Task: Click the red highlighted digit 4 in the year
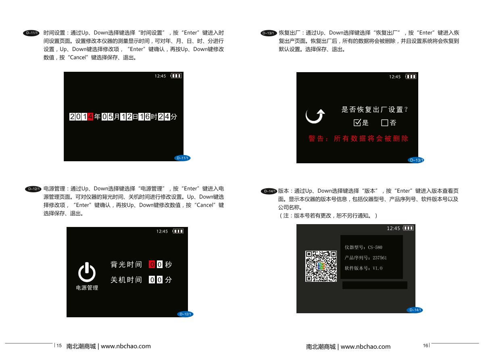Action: pyautogui.click(x=90, y=117)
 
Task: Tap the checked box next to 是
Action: pyautogui.click(x=357, y=123)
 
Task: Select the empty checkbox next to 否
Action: pyautogui.click(x=384, y=123)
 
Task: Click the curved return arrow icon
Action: pyautogui.click(x=315, y=116)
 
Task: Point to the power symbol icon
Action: pyautogui.click(x=87, y=272)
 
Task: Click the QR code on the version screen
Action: pyautogui.click(x=321, y=266)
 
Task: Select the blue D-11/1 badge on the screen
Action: pyautogui.click(x=182, y=158)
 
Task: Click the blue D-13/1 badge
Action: pyautogui.click(x=416, y=160)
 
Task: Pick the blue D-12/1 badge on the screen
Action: pyautogui.click(x=185, y=314)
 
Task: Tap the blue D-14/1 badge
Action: pyautogui.click(x=415, y=310)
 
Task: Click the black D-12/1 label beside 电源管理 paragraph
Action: pyautogui.click(x=33, y=189)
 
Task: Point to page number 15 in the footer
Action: pyautogui.click(x=59, y=345)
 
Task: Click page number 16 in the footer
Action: pyautogui.click(x=426, y=345)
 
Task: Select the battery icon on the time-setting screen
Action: pyautogui.click(x=176, y=76)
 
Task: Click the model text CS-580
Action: pyautogui.click(x=375, y=247)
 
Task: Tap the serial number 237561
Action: pyautogui.click(x=380, y=258)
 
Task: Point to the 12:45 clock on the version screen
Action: pyautogui.click(x=393, y=229)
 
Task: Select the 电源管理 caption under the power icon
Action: pyautogui.click(x=87, y=288)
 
